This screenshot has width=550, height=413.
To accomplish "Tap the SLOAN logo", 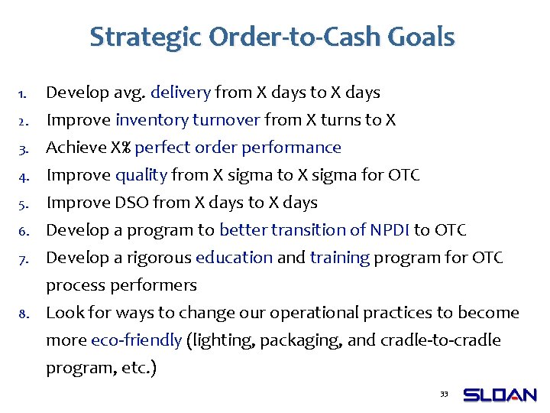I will [x=500, y=395].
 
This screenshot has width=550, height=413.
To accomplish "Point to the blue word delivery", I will [x=180, y=93].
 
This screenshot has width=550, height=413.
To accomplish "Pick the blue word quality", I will [x=141, y=175].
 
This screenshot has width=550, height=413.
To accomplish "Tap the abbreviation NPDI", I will [x=390, y=230].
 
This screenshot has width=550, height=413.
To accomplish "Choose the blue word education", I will [x=234, y=258].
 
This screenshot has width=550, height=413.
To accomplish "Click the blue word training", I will [x=340, y=258].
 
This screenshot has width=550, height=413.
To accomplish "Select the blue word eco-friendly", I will [x=136, y=340].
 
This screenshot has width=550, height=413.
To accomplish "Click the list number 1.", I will [x=23, y=94].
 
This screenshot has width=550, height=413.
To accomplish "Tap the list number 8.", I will [x=23, y=314].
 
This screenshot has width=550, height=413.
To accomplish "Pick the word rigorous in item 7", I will [x=160, y=258].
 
